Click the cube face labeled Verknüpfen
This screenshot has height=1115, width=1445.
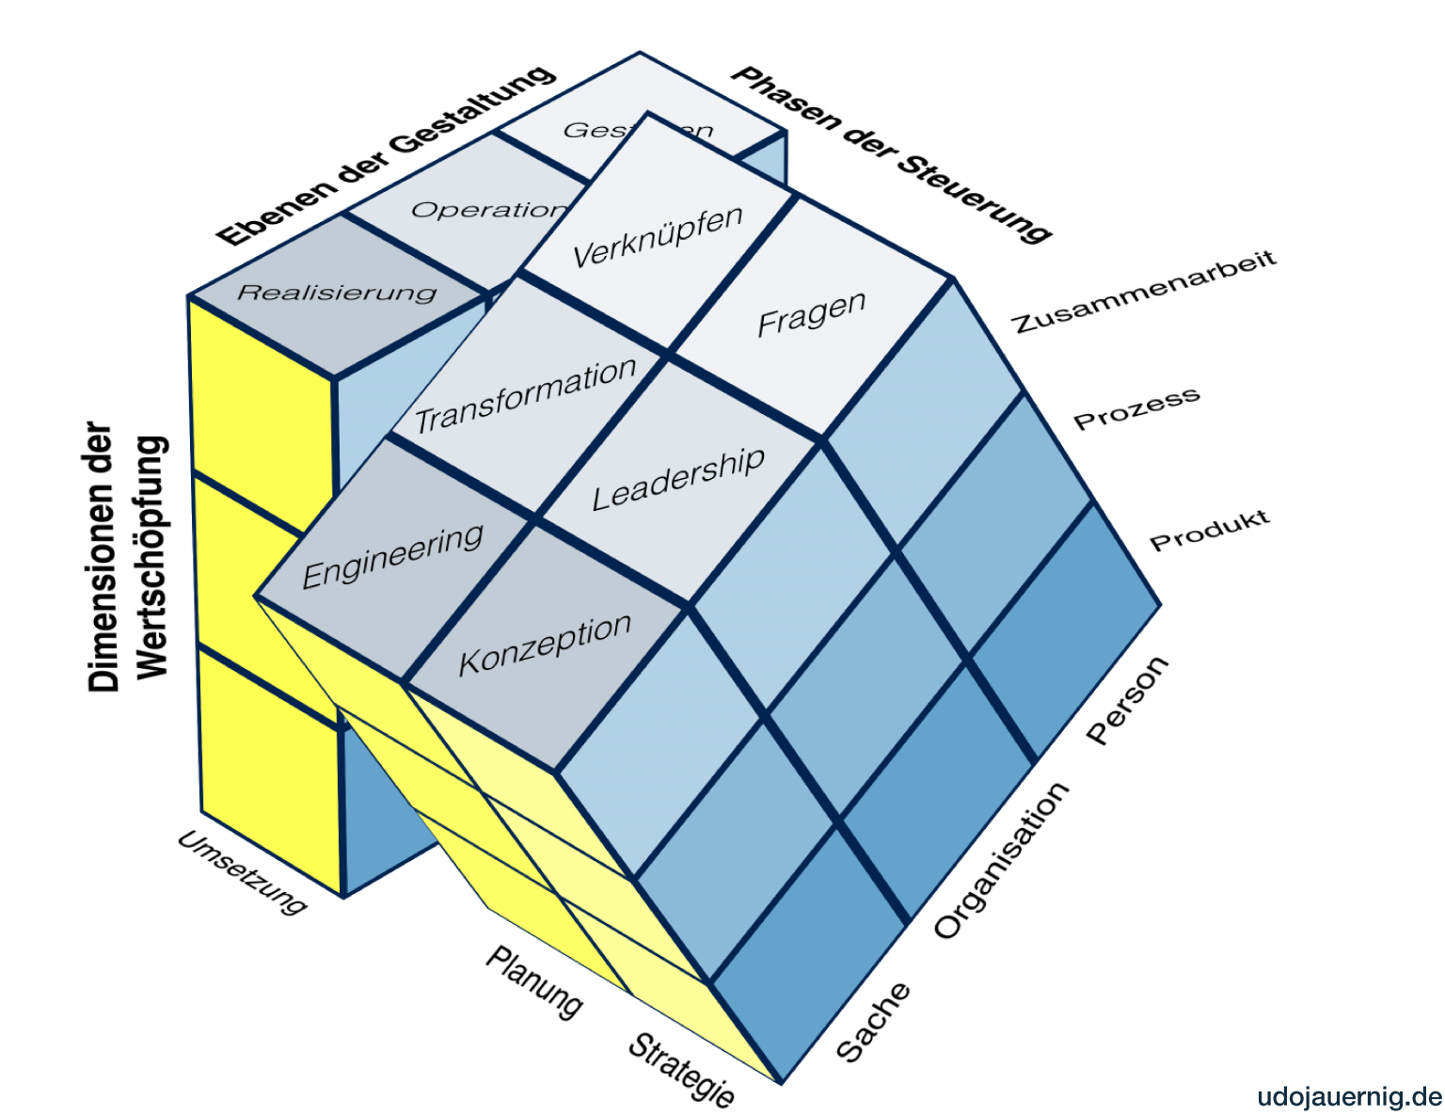click(x=658, y=235)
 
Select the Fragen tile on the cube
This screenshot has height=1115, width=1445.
click(x=811, y=314)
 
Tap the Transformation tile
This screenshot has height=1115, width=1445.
click(x=526, y=395)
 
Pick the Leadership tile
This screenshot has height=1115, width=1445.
click(x=678, y=479)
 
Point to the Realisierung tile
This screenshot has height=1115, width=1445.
click(x=337, y=293)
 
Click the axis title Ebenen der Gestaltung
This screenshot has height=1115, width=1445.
click(x=386, y=154)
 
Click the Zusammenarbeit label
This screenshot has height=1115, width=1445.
click(x=1144, y=292)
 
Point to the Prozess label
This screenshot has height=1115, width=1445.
click(x=1136, y=408)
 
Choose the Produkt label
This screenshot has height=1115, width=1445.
click(x=1210, y=531)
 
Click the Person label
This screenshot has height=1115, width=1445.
click(x=1128, y=701)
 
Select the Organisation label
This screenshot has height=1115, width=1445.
click(x=1002, y=860)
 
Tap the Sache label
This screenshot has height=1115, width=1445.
click(x=873, y=1021)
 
